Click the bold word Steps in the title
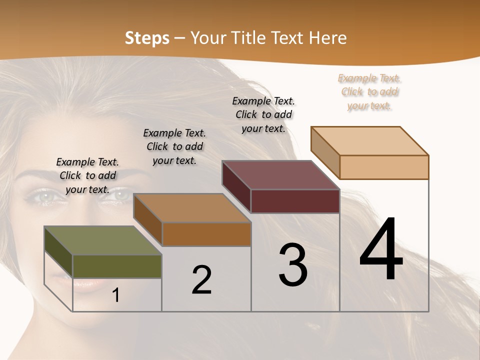147,38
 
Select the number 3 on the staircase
293,265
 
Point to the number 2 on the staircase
201,280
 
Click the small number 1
115,295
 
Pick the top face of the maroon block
280,175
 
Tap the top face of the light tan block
369,141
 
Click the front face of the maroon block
295,201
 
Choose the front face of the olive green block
117,266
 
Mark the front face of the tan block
384,167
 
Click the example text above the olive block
87,175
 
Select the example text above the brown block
174,146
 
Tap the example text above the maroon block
263,114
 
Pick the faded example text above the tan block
369,91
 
